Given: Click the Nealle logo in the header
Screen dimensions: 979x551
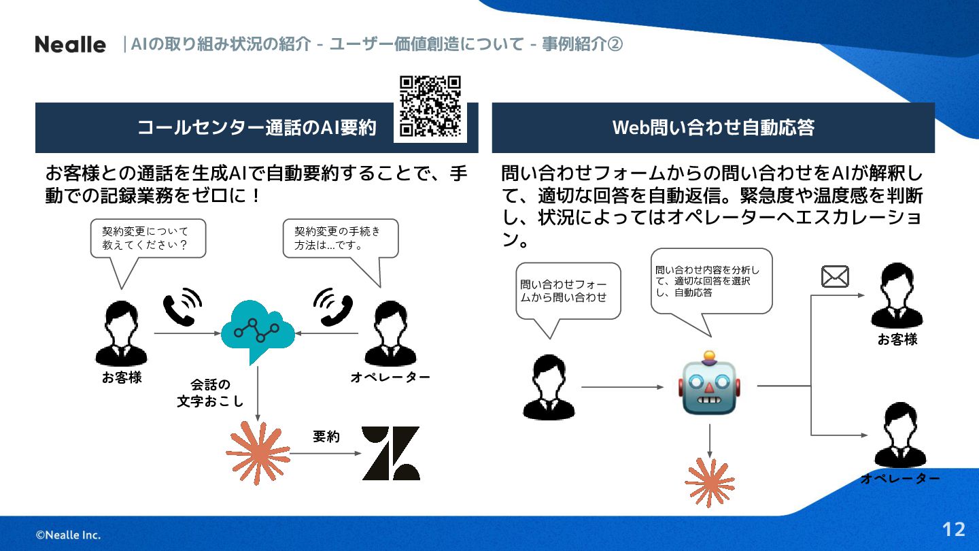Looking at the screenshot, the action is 71,45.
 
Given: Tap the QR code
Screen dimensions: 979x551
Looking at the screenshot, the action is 430,107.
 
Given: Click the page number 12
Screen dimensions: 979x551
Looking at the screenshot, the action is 954,529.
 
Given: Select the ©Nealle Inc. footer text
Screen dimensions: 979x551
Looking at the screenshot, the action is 68,535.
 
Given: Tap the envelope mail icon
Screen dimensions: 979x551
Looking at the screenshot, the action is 835,277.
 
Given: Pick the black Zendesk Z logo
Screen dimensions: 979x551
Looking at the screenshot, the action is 390,453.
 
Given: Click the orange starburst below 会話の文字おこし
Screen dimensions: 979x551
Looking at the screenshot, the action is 258,453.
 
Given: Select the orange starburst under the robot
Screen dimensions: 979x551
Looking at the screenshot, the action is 710,482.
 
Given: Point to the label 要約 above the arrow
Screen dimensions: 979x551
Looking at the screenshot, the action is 326,437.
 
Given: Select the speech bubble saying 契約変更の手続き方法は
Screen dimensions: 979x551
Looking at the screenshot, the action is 340,239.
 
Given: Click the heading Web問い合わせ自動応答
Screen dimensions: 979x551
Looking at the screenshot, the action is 713,128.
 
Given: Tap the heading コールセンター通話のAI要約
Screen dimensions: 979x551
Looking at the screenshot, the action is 256,128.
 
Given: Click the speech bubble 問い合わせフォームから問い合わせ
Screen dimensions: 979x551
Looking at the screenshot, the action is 568,290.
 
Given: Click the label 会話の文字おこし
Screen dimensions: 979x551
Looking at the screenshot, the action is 210,393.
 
